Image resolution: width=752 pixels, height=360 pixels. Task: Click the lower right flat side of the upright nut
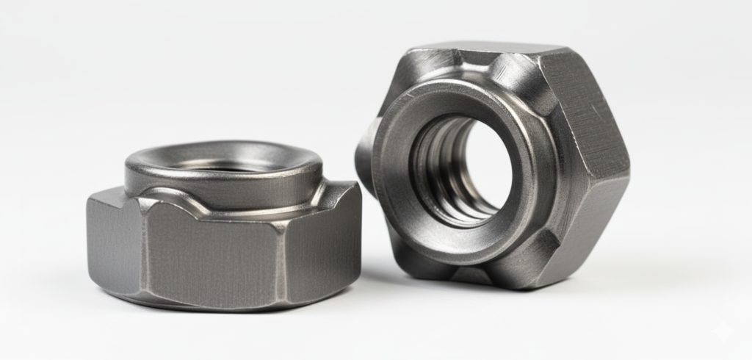(x=587, y=220)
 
